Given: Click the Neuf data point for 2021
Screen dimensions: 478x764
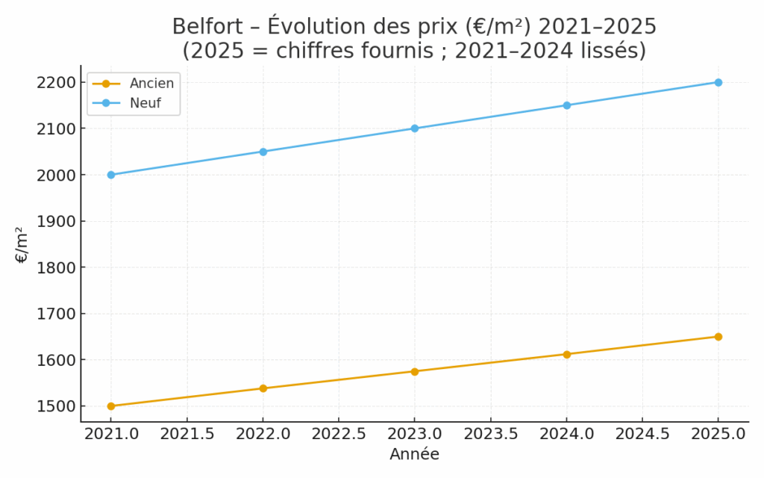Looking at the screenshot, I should point(111,175).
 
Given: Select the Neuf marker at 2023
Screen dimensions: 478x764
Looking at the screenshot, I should point(415,128).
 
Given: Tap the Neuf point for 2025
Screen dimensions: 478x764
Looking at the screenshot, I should point(718,82).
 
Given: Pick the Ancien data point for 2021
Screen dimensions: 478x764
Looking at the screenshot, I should point(111,406).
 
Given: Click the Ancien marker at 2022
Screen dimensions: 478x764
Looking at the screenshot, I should point(263,388).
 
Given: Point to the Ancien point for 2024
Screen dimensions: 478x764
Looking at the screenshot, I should point(566,354).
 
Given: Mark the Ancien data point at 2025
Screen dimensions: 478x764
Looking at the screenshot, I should point(718,337).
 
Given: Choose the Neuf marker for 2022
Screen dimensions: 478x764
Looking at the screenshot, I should point(263,152).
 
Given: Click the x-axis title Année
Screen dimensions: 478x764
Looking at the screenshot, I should point(414,454).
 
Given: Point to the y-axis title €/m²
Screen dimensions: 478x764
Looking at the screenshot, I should point(22,244).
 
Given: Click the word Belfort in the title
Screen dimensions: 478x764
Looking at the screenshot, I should point(204,27).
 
